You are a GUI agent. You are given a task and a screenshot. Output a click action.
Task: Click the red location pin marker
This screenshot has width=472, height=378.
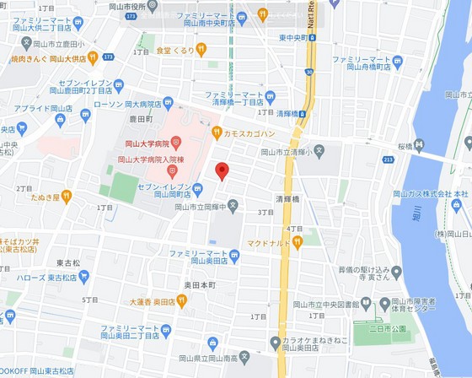pos(222,170)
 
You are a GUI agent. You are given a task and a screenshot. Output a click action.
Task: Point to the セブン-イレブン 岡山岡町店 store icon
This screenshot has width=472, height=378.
pos(196,188)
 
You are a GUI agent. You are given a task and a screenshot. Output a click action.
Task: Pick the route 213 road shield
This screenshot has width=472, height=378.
pos(388,159)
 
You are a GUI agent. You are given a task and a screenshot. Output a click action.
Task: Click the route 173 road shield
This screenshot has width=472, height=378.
pos(130,16)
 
